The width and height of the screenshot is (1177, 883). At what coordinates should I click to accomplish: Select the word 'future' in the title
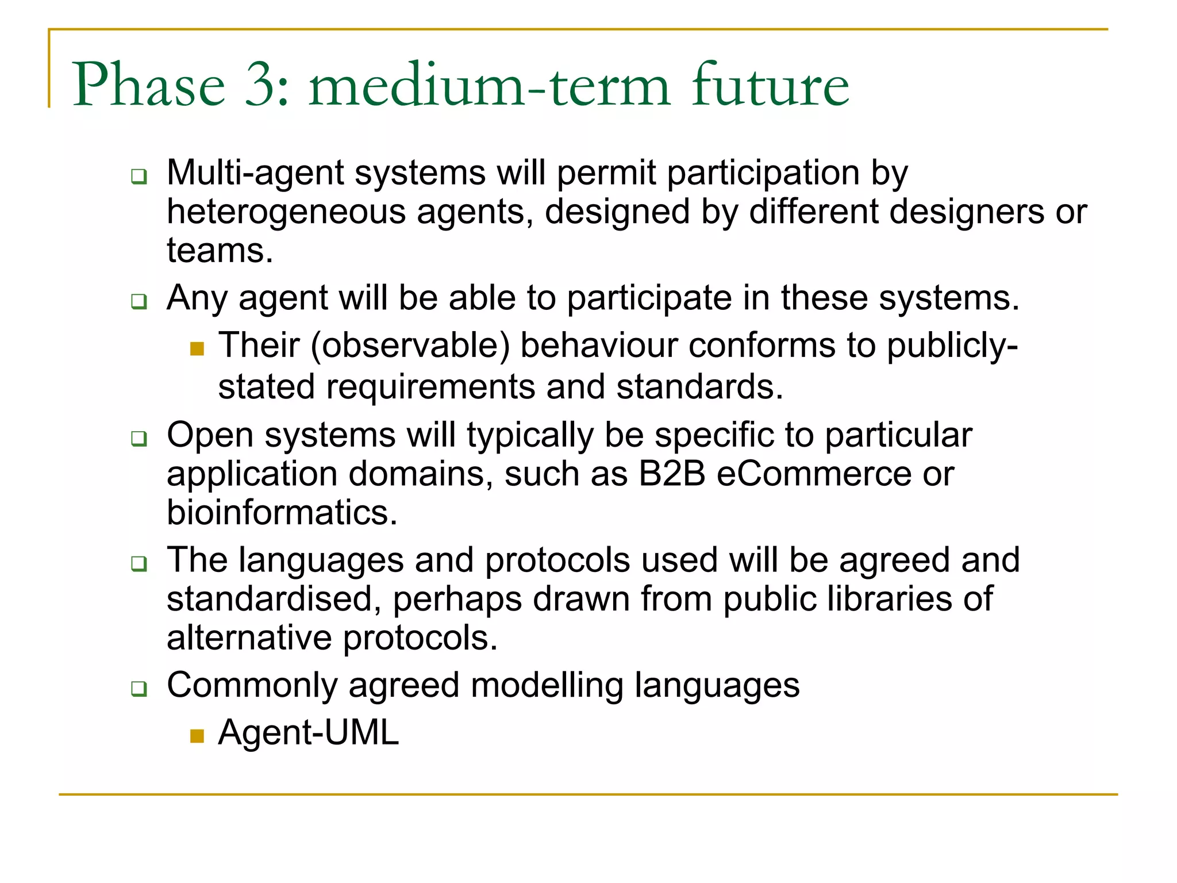tap(770, 85)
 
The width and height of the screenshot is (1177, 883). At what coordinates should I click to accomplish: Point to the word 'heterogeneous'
tap(286, 212)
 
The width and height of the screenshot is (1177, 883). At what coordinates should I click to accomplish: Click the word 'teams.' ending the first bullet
tap(220, 251)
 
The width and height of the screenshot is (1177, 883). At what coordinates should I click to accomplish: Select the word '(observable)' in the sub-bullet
tap(410, 345)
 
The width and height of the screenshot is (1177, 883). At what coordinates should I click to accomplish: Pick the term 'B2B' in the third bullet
tap(671, 474)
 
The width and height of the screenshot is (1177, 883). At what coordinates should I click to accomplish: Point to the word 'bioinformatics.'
tap(282, 512)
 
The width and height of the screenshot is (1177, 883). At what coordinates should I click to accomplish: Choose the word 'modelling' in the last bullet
tap(547, 685)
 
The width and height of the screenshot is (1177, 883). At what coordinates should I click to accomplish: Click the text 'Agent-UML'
tap(308, 733)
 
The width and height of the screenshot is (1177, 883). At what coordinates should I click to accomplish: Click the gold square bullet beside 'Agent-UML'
tap(197, 736)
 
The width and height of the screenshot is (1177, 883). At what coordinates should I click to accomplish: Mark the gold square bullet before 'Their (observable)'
tap(197, 348)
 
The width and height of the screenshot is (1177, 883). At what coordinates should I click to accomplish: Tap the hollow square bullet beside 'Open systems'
tap(139, 439)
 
